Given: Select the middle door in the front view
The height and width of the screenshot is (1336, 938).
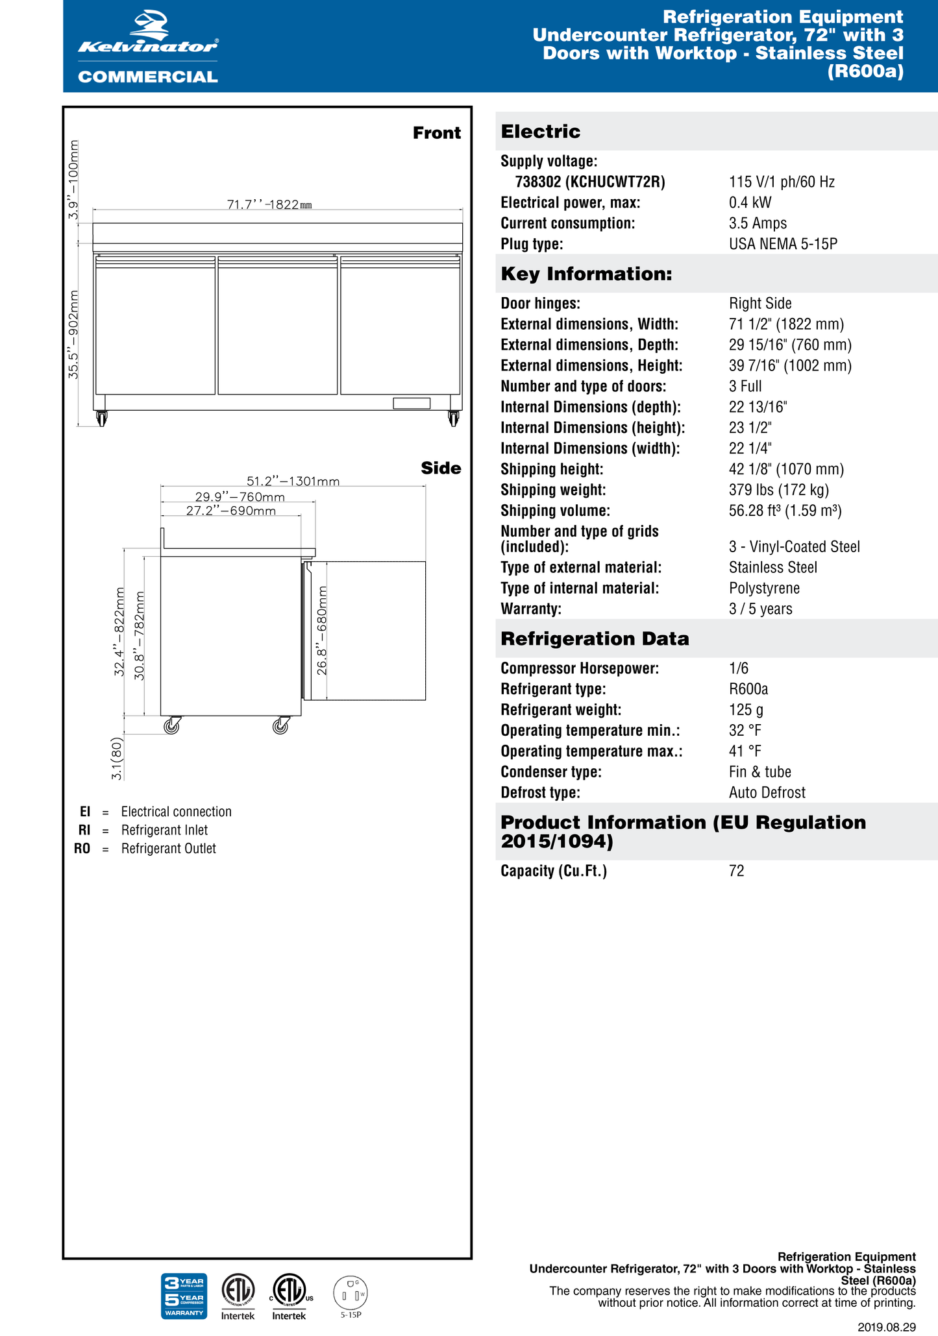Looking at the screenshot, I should coord(277,325).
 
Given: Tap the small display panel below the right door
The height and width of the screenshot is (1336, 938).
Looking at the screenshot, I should coord(412,404).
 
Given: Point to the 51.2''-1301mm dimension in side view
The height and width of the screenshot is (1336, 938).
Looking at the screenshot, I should coord(293,481).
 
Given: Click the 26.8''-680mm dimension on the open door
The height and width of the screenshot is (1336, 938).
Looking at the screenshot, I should coord(321,630).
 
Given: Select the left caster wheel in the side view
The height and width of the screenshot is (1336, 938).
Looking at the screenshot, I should coord(172,725).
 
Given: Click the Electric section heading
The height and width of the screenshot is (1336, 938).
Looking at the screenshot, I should coord(541,132).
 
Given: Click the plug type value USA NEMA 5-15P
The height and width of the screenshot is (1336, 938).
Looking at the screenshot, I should coord(783,244).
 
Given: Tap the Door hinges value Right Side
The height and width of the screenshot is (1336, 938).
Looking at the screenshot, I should coord(760,303).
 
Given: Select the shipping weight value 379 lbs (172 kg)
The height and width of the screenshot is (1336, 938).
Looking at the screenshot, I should coord(779,490).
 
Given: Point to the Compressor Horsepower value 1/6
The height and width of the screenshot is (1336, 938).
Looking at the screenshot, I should coord(739,668).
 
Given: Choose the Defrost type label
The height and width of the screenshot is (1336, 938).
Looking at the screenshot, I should coord(540,792).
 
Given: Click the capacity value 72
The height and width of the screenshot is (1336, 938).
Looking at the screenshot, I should coord(736,871).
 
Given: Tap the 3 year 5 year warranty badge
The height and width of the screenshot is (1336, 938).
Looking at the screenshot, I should coord(184,1296).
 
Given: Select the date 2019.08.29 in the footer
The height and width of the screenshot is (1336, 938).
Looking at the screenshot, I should coord(886,1327).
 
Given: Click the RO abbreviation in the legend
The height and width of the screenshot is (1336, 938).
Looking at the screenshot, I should coord(82,849).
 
